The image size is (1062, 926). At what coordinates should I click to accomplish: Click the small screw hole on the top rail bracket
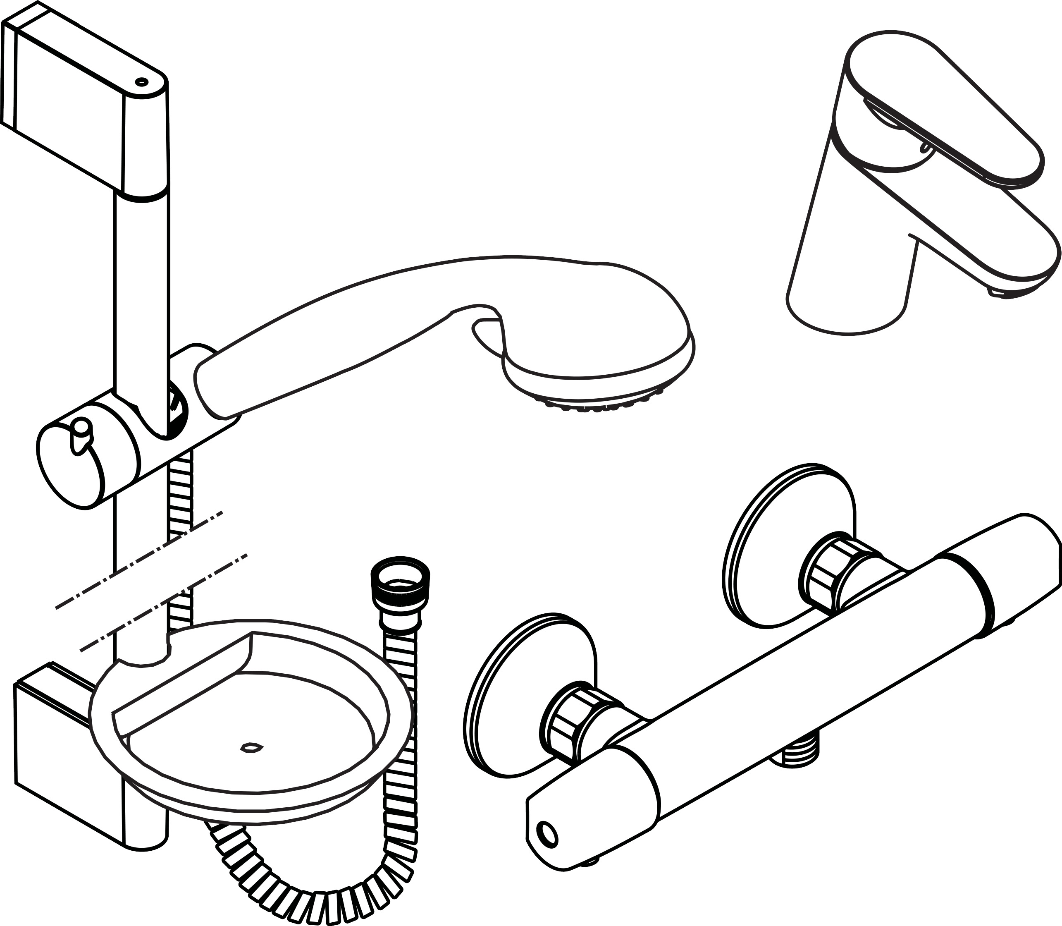[x=141, y=81]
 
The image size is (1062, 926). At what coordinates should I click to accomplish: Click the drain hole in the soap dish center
[x=252, y=748]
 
